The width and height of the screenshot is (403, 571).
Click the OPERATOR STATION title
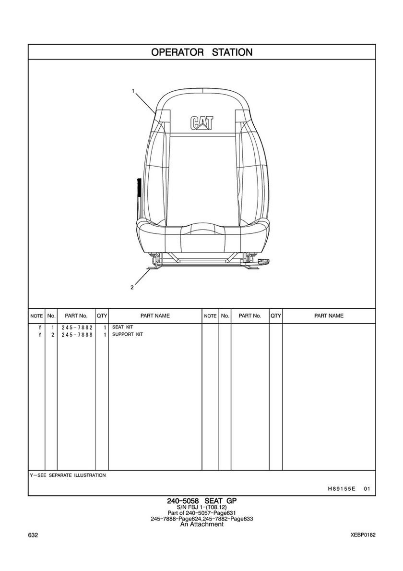click(201, 52)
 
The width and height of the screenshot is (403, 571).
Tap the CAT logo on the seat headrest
click(201, 123)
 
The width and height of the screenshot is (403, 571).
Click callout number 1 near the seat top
click(133, 91)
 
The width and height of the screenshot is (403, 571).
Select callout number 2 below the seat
click(132, 287)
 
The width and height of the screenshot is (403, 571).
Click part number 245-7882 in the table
click(77, 328)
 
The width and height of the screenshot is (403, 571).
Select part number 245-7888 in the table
click(77, 335)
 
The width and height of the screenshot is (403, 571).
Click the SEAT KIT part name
click(122, 327)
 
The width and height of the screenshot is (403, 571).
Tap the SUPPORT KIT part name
click(127, 334)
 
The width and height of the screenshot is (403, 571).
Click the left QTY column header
click(102, 316)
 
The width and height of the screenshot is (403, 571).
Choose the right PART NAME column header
click(329, 316)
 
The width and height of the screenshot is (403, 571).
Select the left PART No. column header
click(76, 316)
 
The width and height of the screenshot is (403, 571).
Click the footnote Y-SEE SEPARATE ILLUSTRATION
click(68, 475)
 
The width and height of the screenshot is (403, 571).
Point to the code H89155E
click(341, 489)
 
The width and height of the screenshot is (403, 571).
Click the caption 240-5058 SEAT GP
click(201, 501)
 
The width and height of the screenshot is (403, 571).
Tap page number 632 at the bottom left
click(33, 535)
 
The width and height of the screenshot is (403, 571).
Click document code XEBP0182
click(363, 535)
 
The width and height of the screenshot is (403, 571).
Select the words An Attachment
click(202, 524)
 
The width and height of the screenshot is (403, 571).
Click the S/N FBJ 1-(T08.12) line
click(202, 507)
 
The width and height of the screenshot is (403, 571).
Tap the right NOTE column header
click(210, 316)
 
